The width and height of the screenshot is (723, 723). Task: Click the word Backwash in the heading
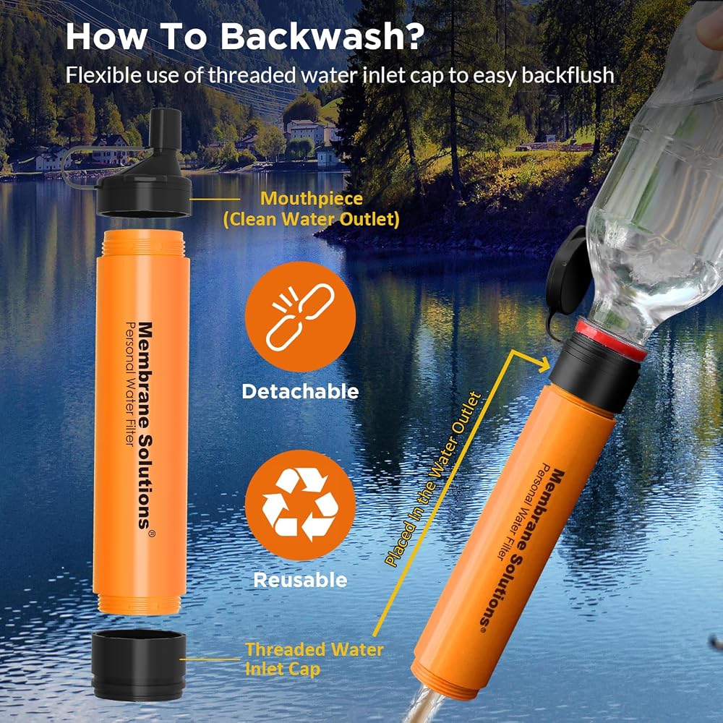click(322, 35)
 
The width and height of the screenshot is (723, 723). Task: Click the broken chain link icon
click(300, 317)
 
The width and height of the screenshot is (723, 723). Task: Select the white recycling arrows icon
click(300, 504)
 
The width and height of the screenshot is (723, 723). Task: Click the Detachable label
click(300, 391)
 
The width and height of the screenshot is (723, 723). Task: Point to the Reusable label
click(300, 580)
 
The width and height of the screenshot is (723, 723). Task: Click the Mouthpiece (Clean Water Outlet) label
click(311, 209)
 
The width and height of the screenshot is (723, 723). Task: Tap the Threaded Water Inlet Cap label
click(314, 659)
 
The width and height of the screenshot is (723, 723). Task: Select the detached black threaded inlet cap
click(138, 665)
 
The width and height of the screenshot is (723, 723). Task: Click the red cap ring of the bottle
click(610, 339)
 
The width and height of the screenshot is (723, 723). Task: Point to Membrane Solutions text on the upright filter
click(146, 426)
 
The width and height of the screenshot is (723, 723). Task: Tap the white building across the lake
click(305, 132)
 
